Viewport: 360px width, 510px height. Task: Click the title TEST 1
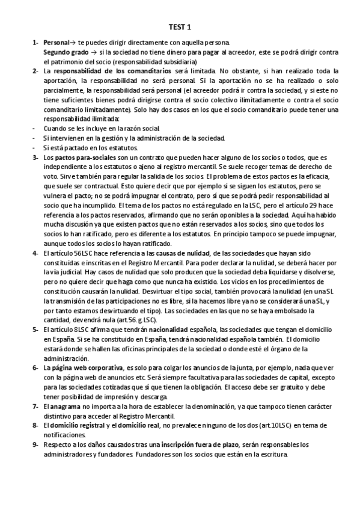tap(180, 27)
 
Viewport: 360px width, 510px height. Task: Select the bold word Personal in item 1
tap(56, 43)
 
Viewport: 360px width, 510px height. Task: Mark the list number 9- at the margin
tap(35, 444)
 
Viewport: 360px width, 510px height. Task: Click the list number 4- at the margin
tap(35, 252)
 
